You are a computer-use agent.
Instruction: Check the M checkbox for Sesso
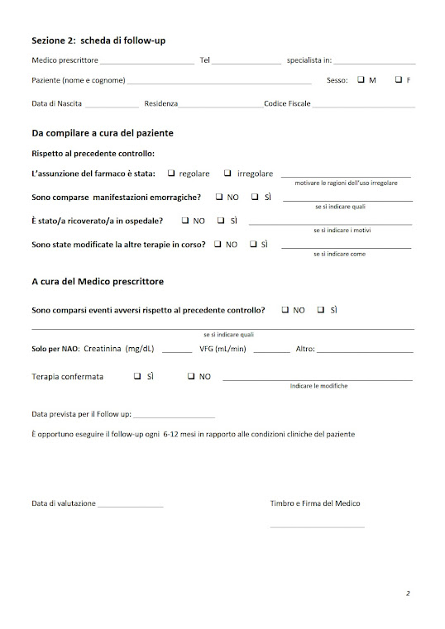361,80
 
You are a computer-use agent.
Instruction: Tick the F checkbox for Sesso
398,80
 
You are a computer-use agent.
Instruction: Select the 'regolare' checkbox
171,174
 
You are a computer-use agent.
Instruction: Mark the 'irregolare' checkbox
227,174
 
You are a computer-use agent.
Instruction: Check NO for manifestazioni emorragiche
218,197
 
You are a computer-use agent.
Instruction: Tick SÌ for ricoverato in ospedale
221,221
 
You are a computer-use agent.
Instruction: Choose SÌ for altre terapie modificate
252,245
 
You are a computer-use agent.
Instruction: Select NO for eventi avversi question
285,310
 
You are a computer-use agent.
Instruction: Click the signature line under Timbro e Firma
317,527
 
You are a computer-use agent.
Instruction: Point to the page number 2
408,593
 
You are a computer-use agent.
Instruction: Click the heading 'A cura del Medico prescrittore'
98,281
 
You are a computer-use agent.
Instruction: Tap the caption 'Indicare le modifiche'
318,386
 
